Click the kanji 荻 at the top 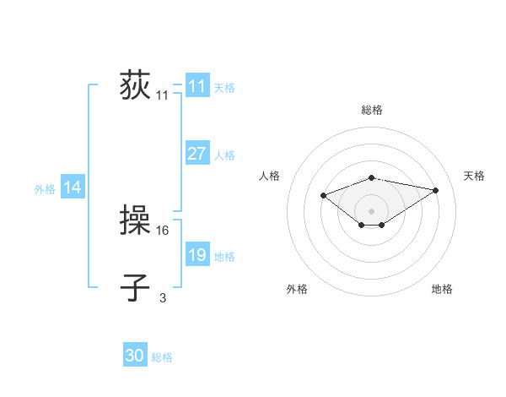(135, 86)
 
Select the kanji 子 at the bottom (135, 287)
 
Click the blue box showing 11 (196, 86)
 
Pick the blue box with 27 (196, 154)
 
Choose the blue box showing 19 (196, 255)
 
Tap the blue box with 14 (73, 188)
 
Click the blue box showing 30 (135, 356)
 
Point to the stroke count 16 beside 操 (164, 229)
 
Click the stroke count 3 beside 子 (163, 296)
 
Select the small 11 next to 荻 (162, 95)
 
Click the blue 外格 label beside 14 (45, 189)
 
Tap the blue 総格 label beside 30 (162, 357)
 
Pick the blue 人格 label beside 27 (224, 155)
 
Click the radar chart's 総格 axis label (371, 110)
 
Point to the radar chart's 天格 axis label (475, 176)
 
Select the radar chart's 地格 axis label (442, 289)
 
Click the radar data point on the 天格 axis (435, 190)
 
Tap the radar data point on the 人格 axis (323, 196)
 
